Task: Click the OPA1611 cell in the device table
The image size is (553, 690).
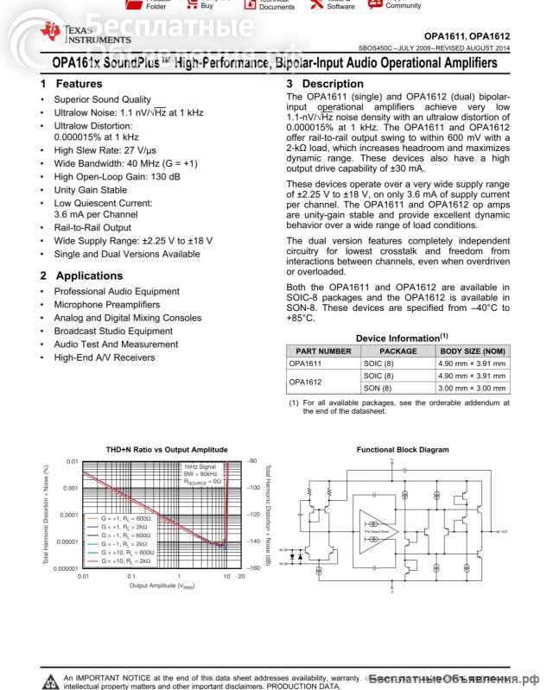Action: tap(305, 364)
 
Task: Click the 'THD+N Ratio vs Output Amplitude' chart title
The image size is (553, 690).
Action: tap(155, 450)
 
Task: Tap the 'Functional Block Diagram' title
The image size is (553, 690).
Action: tap(403, 450)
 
